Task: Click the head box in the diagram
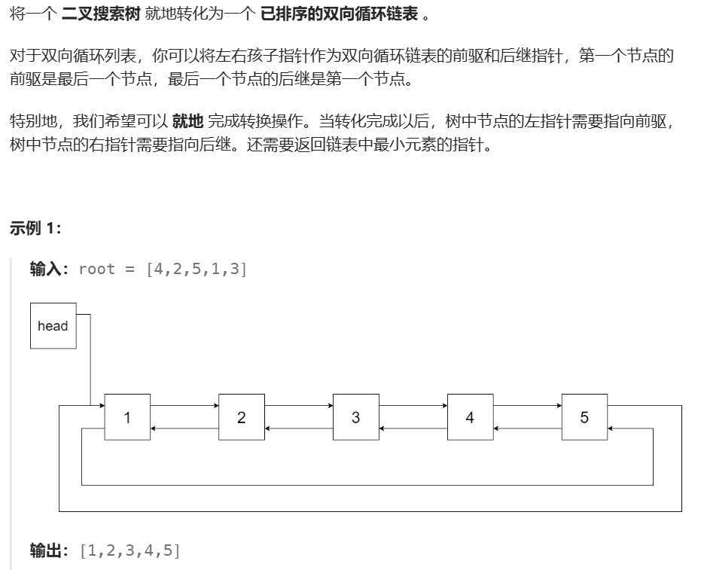pos(53,326)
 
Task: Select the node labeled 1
pos(127,417)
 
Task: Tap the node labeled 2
pos(242,417)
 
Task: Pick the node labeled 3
pos(356,417)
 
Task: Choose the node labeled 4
pos(470,417)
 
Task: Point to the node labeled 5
pos(584,417)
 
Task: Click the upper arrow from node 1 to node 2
pos(184,405)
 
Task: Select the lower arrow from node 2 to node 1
pos(184,428)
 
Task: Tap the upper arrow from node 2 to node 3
pos(299,405)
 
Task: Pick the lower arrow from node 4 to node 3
pos(413,428)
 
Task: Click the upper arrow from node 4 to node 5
pos(527,405)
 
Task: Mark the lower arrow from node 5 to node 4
pos(527,428)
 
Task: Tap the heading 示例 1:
pos(35,228)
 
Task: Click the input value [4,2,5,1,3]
pos(197,270)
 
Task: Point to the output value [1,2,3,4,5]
pos(130,551)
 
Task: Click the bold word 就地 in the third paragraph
pos(187,121)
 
